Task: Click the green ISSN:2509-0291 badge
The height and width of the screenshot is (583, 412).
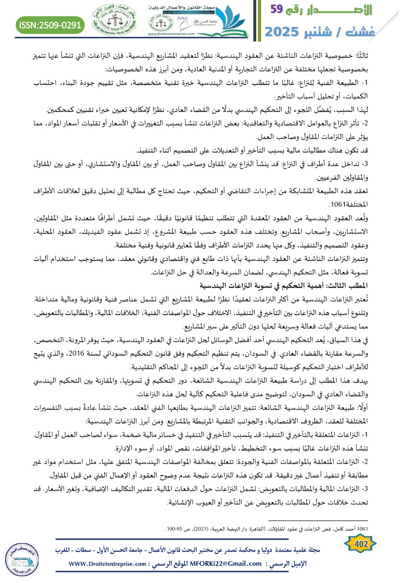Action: [51, 24]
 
